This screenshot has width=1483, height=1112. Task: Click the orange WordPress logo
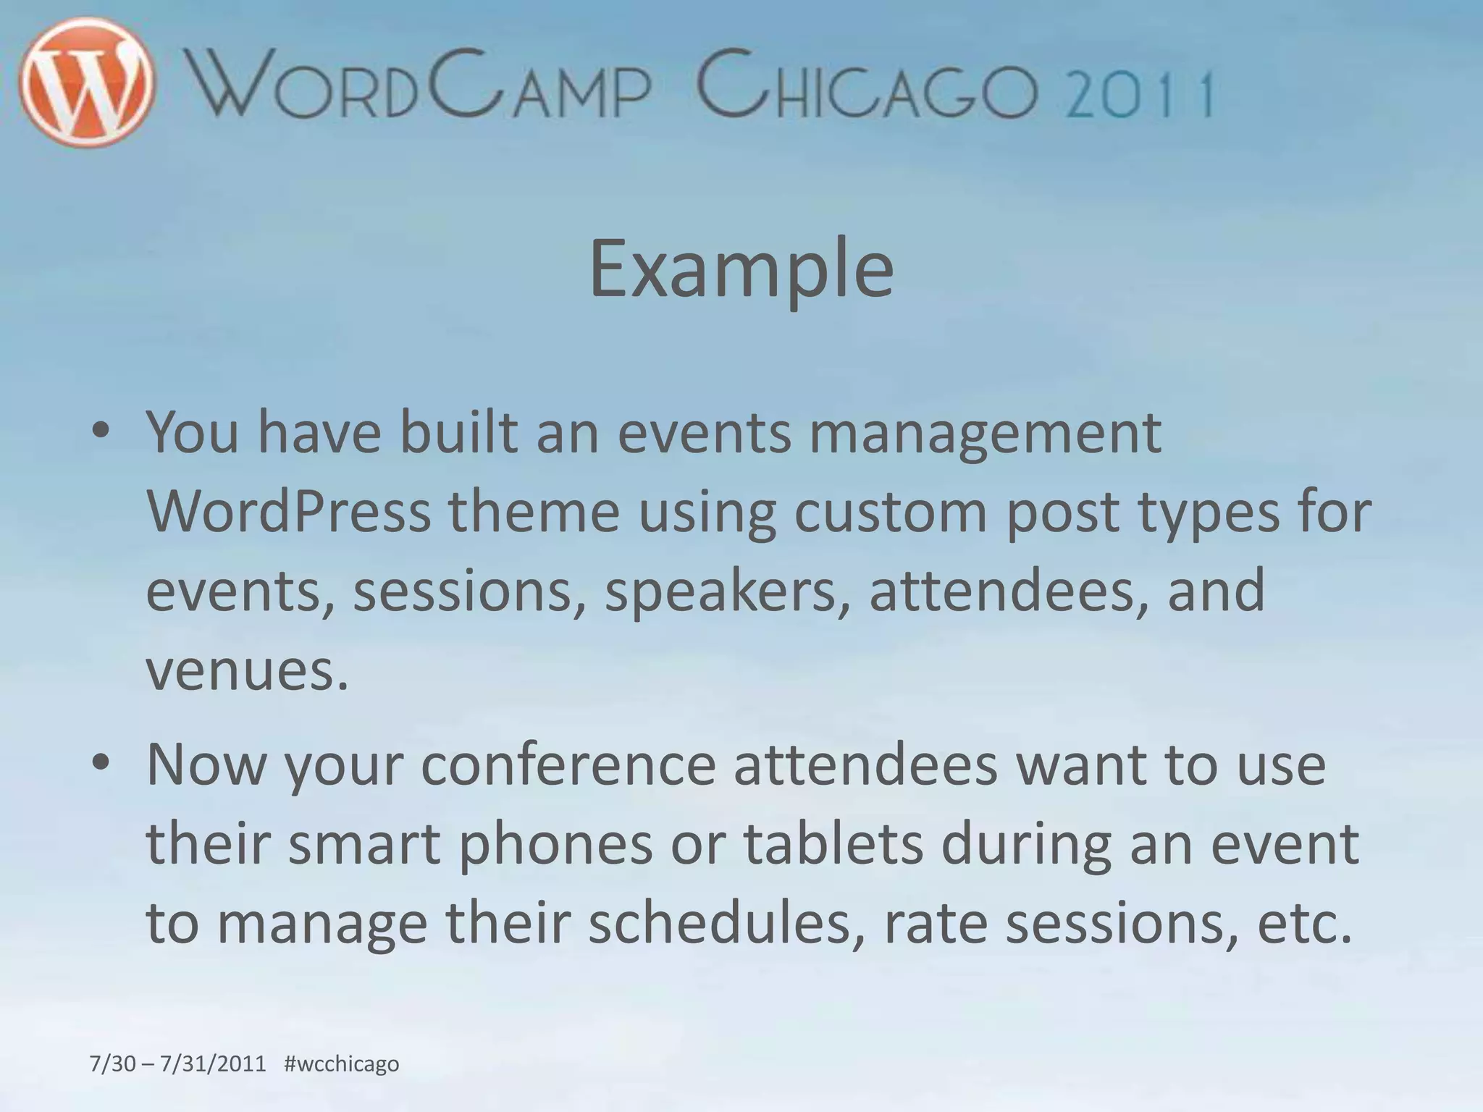pos(87,83)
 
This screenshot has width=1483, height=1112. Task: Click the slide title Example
pos(741,269)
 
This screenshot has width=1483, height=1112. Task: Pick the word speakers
pos(727,591)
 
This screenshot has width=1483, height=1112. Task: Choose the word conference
pos(568,766)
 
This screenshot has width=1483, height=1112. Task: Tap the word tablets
pos(833,844)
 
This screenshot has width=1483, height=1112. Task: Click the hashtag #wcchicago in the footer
pos(342,1063)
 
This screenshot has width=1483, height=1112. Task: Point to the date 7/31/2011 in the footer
pos(213,1063)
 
